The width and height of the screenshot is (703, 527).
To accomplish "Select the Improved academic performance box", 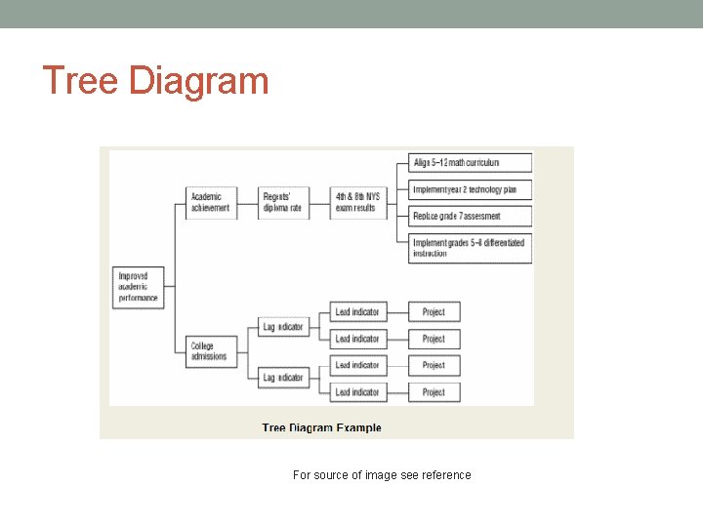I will coord(138,286).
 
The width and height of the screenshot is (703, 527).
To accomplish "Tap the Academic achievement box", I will coord(211,202).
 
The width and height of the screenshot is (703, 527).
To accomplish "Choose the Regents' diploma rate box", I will coord(284,202).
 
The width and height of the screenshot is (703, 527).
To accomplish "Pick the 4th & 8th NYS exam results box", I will coord(356,202).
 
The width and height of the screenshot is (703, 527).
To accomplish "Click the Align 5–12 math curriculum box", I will coord(470,162).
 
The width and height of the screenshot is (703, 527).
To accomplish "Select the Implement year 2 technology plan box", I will coord(470,189).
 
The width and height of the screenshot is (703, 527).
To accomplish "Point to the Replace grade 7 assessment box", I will coord(470,216).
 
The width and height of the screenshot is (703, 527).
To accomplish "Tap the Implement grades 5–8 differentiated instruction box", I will coord(470,248).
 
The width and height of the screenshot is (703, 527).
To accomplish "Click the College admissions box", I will coord(211,350).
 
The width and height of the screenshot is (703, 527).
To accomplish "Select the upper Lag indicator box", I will coord(283,326).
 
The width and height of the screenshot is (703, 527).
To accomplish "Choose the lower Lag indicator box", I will coord(283,378).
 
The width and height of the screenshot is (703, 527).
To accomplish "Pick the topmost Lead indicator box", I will coord(357,312).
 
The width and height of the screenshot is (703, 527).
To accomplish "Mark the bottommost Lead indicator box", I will coord(357,392).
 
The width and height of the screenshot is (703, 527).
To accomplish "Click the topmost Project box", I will coord(434,312).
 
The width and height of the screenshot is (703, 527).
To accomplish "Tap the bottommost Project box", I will coord(434,392).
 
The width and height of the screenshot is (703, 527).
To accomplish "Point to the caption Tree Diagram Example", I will coord(321,427).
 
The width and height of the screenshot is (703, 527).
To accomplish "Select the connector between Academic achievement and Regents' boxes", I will coord(248,202).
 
